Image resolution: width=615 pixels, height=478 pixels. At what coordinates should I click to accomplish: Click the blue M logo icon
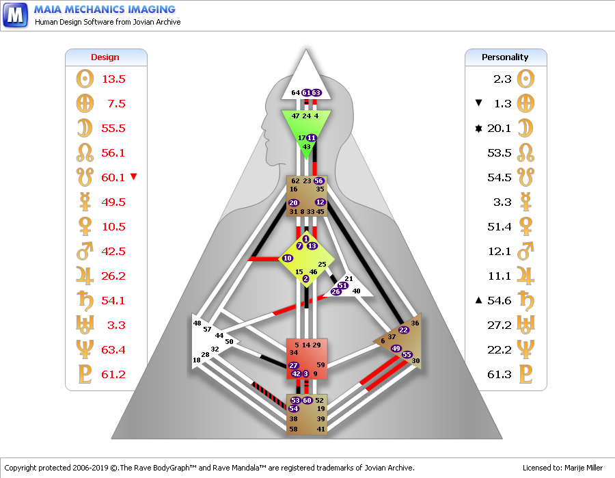click(15, 15)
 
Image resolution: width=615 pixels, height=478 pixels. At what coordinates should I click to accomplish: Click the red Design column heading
click(105, 57)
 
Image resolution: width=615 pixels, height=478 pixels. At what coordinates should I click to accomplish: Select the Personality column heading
click(505, 57)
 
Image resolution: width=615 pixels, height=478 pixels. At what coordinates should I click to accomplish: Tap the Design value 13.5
click(113, 79)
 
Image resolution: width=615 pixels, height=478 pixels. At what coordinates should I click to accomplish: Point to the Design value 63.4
click(113, 349)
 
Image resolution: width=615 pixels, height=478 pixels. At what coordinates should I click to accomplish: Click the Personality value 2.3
click(502, 79)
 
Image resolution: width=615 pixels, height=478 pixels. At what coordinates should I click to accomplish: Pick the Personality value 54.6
click(500, 301)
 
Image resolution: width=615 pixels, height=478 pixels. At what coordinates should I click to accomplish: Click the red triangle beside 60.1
click(133, 176)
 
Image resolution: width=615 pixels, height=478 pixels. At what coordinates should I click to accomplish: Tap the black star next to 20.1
click(478, 128)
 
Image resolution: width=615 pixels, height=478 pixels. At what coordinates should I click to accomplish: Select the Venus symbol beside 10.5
click(85, 226)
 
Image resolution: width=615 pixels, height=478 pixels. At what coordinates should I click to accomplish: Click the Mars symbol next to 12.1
click(525, 251)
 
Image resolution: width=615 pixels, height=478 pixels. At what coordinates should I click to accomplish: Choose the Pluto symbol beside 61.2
click(85, 374)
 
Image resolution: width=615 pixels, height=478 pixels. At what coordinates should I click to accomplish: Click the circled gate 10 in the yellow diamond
click(288, 258)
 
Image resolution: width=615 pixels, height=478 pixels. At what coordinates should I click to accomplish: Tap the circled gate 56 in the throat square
click(318, 181)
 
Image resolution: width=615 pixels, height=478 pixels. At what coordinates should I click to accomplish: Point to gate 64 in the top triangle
click(296, 92)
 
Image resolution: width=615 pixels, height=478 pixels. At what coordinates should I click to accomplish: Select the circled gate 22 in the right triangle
click(403, 330)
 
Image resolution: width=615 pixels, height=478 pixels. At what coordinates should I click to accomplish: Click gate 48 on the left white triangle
click(197, 323)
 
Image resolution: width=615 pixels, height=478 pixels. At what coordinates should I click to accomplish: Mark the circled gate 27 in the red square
click(293, 365)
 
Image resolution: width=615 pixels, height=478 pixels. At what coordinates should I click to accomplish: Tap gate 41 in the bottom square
click(320, 429)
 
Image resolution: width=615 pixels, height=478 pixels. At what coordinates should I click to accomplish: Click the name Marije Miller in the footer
click(584, 468)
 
